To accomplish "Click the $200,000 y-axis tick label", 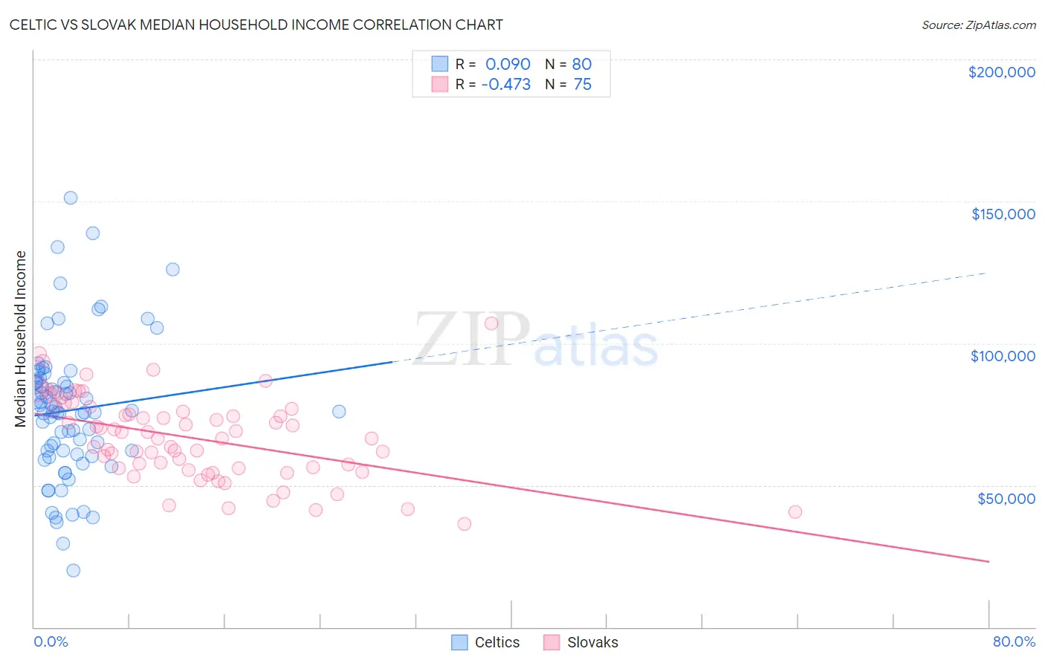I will click(x=1001, y=72).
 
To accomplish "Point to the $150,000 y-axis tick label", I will click(x=1003, y=214).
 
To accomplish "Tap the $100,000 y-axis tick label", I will click(x=1003, y=356).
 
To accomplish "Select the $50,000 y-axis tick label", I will click(x=1006, y=498).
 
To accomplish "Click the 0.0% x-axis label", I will click(x=51, y=642).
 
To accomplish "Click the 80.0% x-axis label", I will click(x=1014, y=642).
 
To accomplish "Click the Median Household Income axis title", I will click(x=21, y=339).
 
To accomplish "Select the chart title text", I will click(x=256, y=25).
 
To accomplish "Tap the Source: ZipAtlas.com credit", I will click(x=978, y=25).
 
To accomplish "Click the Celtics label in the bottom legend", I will click(x=497, y=643).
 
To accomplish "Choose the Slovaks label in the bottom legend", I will click(x=592, y=643).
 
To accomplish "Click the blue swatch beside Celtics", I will click(x=459, y=643).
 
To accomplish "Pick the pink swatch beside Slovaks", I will click(x=551, y=643).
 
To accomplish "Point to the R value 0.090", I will click(x=508, y=64).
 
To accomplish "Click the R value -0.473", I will click(x=505, y=85).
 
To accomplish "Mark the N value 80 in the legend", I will click(x=582, y=64).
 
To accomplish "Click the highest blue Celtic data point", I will click(x=71, y=198).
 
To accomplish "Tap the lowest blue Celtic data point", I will click(x=73, y=571).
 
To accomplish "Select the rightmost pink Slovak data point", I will click(x=795, y=511).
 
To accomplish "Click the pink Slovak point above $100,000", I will click(x=491, y=323).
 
